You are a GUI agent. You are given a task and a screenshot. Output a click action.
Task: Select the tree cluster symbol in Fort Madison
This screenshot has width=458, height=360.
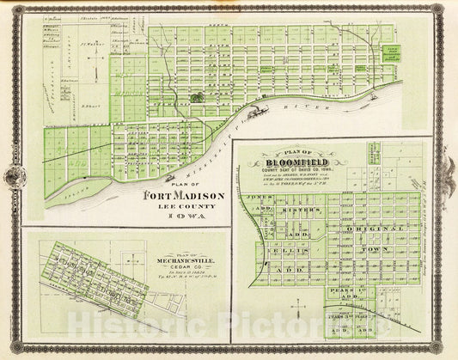pyautogui.click(x=199, y=98)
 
